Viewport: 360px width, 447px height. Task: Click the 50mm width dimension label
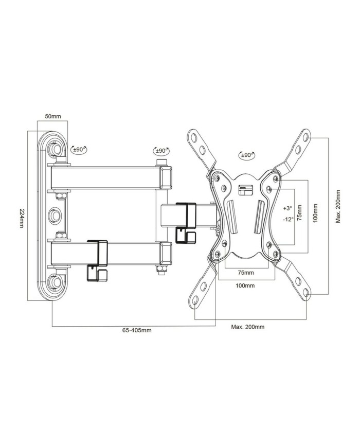click(x=52, y=117)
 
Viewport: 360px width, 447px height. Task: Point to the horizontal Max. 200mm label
click(x=247, y=327)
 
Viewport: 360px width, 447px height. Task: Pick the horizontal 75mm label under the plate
click(x=245, y=272)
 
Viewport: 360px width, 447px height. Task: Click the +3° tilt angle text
click(x=287, y=208)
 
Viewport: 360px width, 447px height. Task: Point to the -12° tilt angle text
click(x=287, y=219)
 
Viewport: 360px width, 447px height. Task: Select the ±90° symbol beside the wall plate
click(x=79, y=150)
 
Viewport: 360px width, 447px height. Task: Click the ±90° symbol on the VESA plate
click(x=245, y=155)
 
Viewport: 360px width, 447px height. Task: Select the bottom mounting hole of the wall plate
click(x=54, y=282)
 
